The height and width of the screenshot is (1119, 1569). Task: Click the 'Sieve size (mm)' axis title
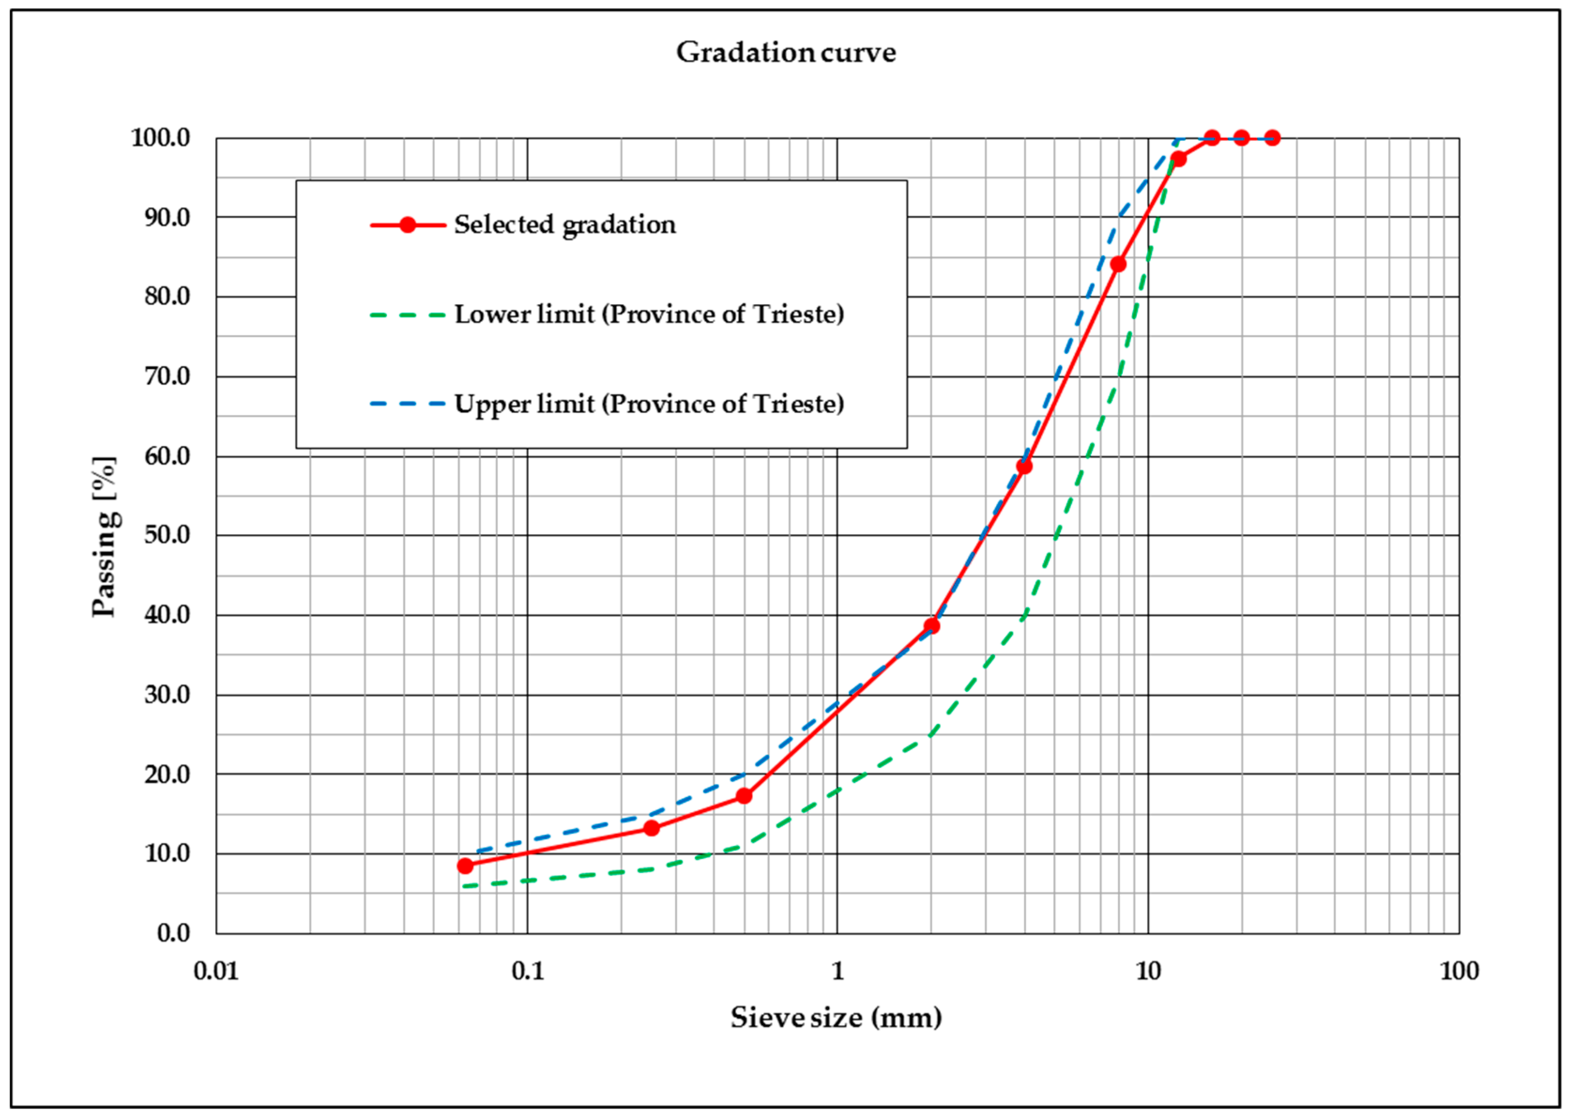[836, 1018]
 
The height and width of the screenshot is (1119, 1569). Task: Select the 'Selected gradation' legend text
[565, 225]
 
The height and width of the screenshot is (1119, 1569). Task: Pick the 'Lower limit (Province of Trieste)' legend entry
[649, 314]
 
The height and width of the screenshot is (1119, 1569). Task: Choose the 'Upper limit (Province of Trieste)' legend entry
[649, 404]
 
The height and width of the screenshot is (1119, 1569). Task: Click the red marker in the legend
[408, 225]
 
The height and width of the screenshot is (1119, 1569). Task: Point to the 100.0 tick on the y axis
[160, 138]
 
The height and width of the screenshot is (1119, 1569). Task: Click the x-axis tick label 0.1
[527, 972]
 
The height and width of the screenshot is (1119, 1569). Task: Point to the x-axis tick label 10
[1148, 972]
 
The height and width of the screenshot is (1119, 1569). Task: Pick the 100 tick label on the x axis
[1459, 972]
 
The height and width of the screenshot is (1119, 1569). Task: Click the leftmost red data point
[465, 866]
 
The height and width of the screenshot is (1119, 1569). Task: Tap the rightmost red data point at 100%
[1272, 138]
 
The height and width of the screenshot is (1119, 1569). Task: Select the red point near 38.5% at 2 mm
[931, 626]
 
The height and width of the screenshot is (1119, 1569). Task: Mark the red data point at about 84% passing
[1118, 264]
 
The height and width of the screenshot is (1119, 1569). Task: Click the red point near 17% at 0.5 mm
[744, 796]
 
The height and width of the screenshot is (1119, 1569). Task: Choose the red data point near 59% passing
[1024, 467]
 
